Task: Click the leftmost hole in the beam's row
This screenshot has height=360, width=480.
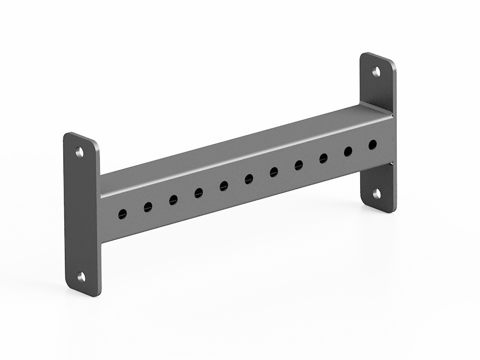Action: [122, 214]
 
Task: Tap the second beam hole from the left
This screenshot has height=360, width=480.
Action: [148, 207]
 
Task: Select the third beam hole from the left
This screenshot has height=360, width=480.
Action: [173, 200]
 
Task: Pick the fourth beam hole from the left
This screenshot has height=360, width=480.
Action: [199, 193]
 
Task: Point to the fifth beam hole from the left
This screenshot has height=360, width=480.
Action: [224, 186]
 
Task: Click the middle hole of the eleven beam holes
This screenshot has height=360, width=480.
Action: [249, 179]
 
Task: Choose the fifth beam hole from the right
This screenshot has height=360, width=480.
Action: [274, 172]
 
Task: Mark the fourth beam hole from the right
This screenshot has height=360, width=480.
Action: [299, 166]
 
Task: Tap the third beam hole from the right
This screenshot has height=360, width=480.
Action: [324, 158]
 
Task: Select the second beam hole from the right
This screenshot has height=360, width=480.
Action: [348, 152]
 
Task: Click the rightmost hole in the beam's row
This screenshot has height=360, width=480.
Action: [373, 145]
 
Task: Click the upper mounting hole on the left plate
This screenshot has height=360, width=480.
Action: [80, 152]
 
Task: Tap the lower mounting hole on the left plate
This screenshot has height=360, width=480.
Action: [81, 277]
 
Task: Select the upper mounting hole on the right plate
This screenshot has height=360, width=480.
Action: [377, 71]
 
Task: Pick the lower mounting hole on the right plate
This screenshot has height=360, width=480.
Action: [377, 193]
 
